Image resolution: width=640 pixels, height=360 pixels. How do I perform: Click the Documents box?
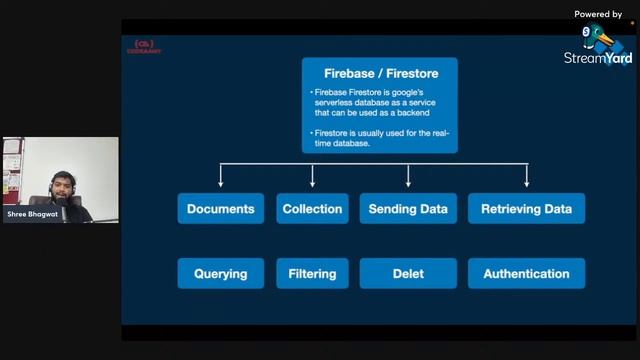click(221, 209)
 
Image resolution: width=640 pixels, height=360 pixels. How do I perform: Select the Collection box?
click(312, 209)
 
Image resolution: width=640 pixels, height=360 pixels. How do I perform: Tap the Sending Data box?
click(408, 209)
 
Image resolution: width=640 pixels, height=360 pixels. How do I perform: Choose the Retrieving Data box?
click(526, 209)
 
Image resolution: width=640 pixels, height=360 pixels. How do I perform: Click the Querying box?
click(221, 273)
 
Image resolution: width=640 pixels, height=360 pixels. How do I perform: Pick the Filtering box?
click(312, 273)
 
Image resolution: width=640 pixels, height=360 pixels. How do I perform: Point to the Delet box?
click(408, 273)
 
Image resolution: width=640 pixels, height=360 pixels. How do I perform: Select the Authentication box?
click(526, 273)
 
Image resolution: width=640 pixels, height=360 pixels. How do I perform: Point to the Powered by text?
click(598, 14)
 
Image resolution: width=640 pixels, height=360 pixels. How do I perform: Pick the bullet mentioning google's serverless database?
click(377, 103)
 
